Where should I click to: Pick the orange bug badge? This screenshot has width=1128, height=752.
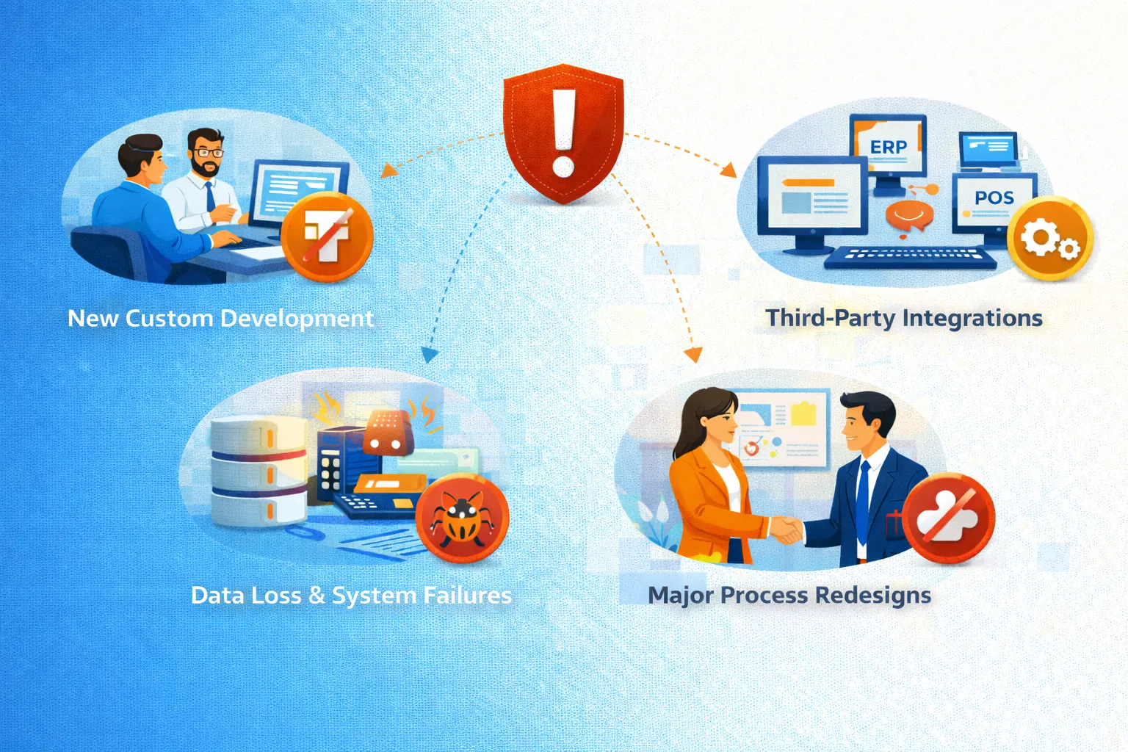pyautogui.click(x=462, y=518)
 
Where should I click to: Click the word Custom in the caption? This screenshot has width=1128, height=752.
pyautogui.click(x=169, y=318)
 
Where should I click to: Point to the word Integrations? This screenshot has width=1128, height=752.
pyautogui.click(x=972, y=318)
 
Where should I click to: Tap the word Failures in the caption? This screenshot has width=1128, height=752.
pyautogui.click(x=467, y=595)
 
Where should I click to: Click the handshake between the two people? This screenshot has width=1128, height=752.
pyautogui.click(x=784, y=529)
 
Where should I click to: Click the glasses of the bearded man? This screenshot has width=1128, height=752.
pyautogui.click(x=209, y=153)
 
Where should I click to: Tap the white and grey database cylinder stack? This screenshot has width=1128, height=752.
pyautogui.click(x=258, y=471)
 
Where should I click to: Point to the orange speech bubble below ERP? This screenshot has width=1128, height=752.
pyautogui.click(x=909, y=215)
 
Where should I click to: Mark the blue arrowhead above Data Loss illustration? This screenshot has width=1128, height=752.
pyautogui.click(x=430, y=355)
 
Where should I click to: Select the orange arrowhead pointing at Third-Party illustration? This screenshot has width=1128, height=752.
pyautogui.click(x=728, y=171)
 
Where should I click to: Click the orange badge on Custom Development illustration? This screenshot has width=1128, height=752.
pyautogui.click(x=328, y=236)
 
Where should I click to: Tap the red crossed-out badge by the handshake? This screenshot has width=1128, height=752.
pyautogui.click(x=948, y=518)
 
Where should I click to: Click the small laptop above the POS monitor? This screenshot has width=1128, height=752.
pyautogui.click(x=988, y=149)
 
